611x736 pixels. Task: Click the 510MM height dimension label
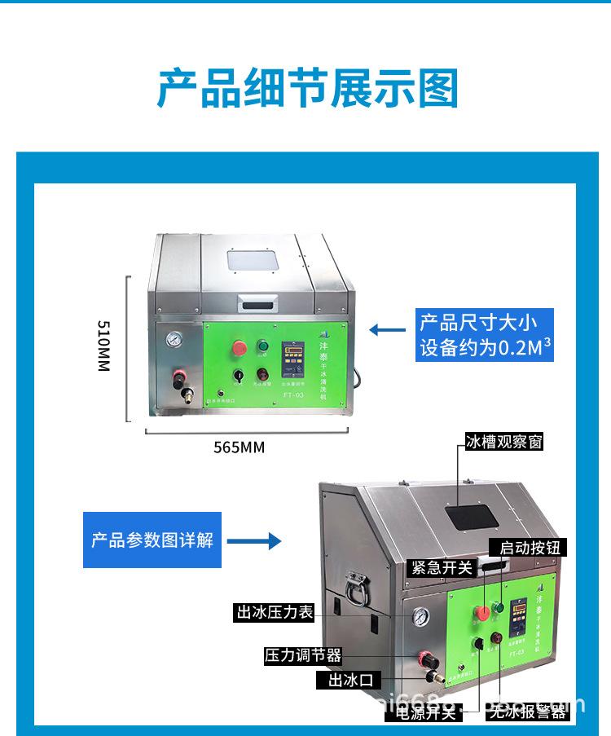103,346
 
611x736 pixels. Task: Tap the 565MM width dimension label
239,447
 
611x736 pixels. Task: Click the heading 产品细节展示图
307,89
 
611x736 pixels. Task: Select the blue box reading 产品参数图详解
152,540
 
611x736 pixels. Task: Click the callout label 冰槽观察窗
503,442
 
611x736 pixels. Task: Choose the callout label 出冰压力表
275,613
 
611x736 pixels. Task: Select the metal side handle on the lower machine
355,586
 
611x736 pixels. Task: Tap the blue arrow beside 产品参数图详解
253,541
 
